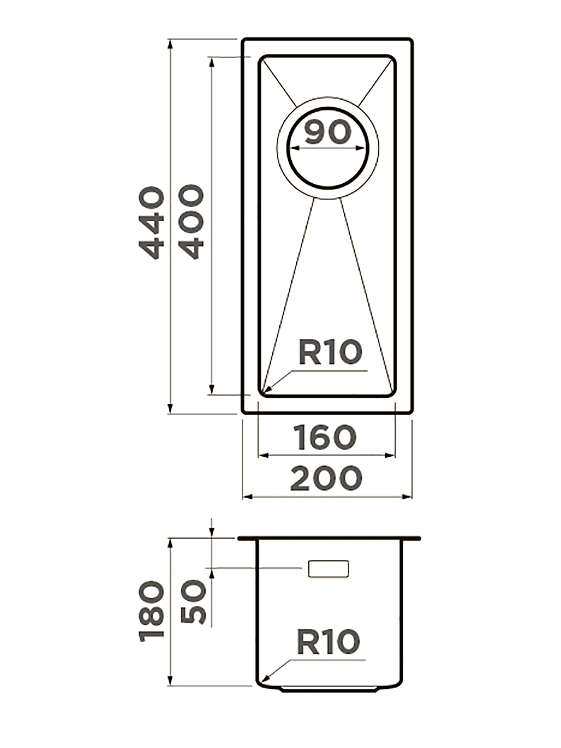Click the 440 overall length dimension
(x=152, y=223)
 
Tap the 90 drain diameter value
(x=328, y=132)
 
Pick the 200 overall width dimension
(x=326, y=478)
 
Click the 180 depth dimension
(x=152, y=611)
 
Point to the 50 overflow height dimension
(x=193, y=602)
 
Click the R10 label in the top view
(x=330, y=353)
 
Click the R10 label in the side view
(x=328, y=642)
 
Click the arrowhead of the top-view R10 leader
(x=266, y=393)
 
